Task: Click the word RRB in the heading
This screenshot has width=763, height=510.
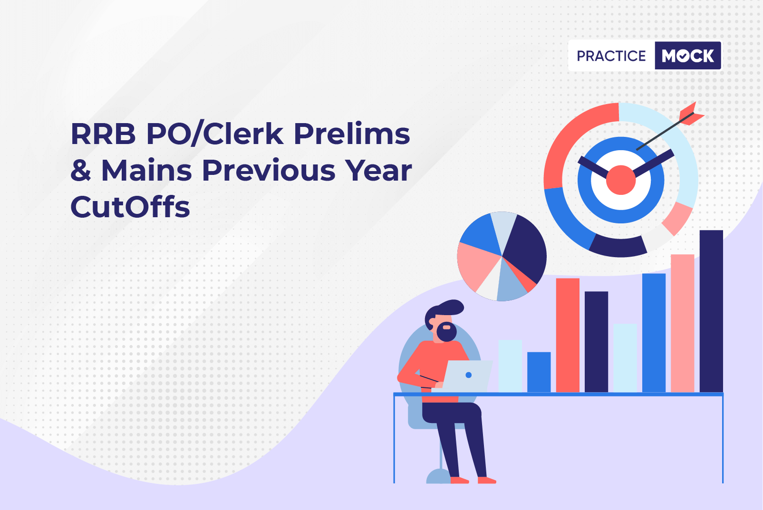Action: point(103,135)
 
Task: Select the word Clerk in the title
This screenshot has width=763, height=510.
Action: point(243,134)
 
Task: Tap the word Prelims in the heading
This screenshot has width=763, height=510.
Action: point(352,134)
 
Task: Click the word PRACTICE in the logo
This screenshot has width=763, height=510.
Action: point(611,56)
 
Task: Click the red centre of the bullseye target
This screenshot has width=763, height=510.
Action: point(620,180)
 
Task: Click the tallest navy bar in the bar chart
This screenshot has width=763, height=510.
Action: point(711,311)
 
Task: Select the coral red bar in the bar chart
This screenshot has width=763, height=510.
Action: point(568,336)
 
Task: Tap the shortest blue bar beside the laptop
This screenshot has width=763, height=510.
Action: point(539,372)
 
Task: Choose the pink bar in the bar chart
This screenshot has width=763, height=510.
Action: point(682,323)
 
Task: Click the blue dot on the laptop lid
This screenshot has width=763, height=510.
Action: point(468,375)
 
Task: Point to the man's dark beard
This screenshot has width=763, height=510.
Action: point(446,332)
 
